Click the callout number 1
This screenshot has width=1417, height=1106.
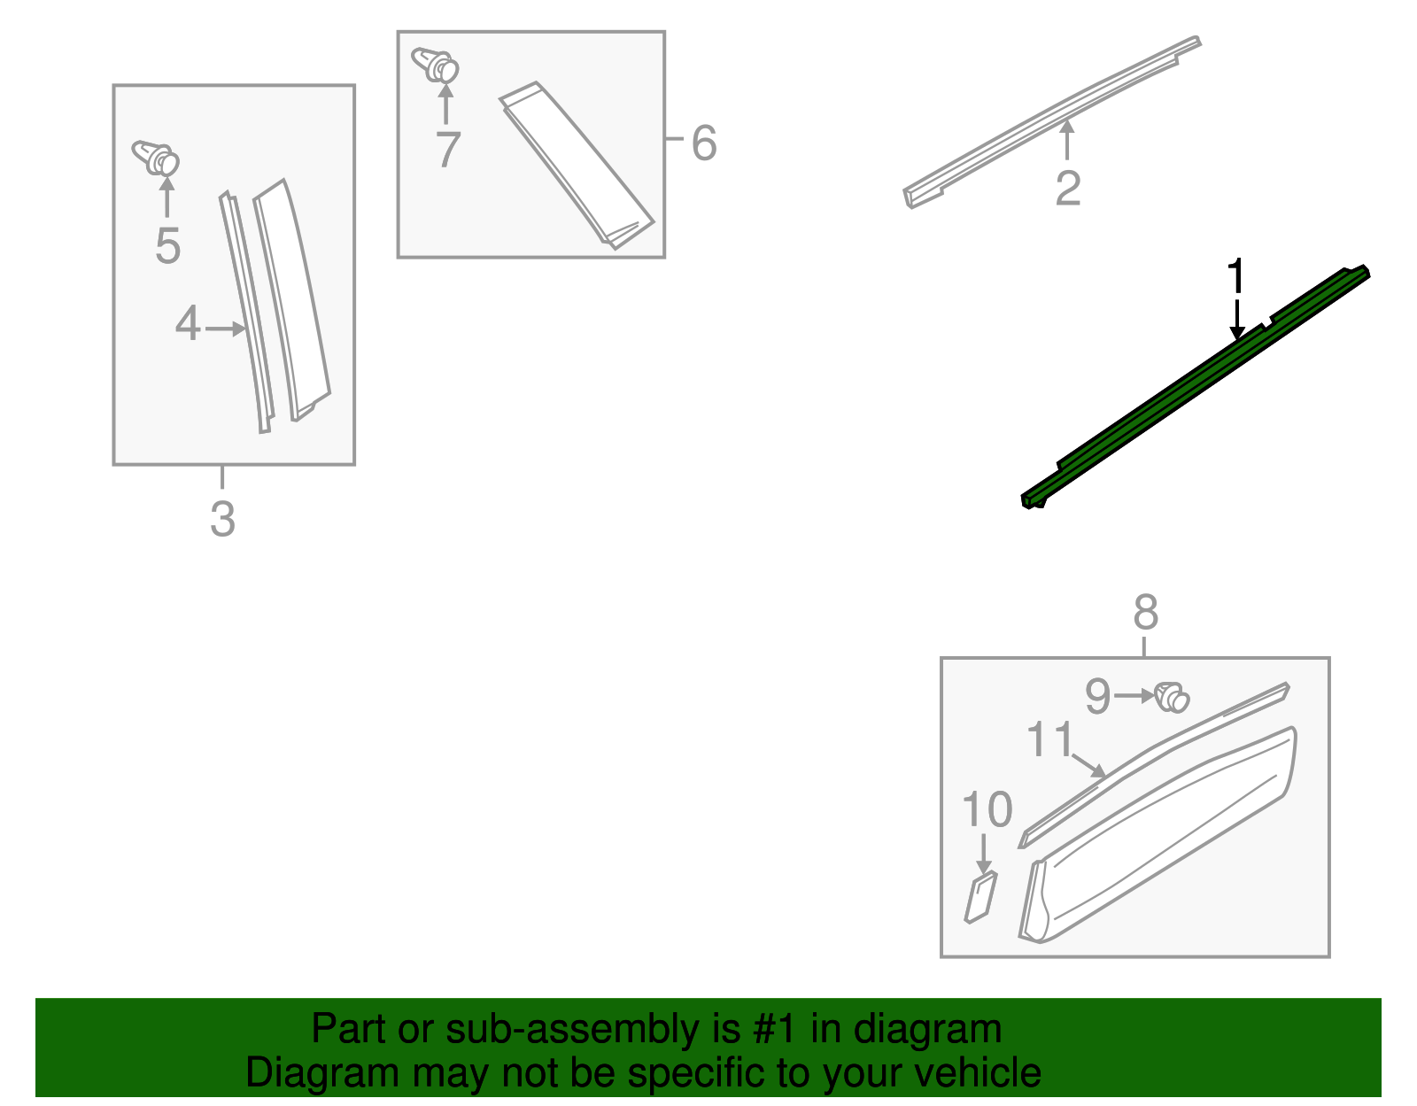(x=1235, y=275)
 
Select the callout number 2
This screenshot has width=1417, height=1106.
(x=1067, y=189)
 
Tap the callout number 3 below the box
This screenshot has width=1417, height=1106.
(x=222, y=520)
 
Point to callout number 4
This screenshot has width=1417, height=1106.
(x=187, y=323)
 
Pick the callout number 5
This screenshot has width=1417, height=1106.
(x=167, y=246)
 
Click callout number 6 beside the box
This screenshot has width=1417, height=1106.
(x=703, y=143)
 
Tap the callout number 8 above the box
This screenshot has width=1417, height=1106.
(x=1146, y=612)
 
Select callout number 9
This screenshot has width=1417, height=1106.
(x=1098, y=696)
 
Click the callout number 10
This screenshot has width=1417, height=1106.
(x=987, y=808)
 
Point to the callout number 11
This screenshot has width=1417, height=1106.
(x=1049, y=739)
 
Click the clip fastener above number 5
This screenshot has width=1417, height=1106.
(x=156, y=159)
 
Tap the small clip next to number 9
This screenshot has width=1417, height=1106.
(x=1172, y=698)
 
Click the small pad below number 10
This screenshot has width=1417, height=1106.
(x=980, y=897)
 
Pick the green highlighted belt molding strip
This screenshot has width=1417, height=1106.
(x=1195, y=386)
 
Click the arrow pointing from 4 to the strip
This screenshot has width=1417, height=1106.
(x=226, y=329)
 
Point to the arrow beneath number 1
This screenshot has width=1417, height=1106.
(x=1236, y=320)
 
